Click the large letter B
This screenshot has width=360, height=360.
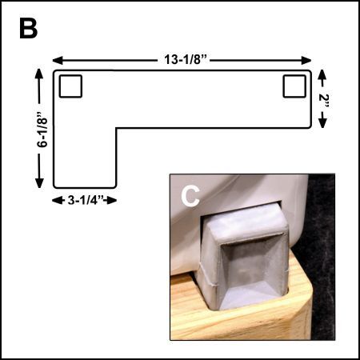(28, 29)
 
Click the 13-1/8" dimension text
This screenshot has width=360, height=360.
(186, 59)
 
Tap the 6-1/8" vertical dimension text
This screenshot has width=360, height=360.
(42, 129)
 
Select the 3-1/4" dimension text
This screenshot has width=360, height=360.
(86, 200)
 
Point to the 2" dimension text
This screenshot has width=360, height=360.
(324, 101)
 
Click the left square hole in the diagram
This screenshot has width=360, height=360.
(70, 86)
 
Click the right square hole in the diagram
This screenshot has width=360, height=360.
(294, 86)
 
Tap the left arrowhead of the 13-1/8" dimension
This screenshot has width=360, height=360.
(58, 61)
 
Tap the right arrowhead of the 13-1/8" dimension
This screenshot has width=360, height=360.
(306, 61)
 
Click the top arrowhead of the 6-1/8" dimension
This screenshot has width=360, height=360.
(39, 74)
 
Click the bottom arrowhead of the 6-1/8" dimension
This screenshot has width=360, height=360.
(39, 183)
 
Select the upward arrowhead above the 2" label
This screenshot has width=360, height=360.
(322, 74)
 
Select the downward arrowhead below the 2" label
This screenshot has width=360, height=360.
(322, 123)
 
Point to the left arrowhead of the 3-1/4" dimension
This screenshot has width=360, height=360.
(57, 200)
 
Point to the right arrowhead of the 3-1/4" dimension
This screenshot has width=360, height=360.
(112, 200)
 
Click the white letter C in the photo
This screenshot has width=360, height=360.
(190, 197)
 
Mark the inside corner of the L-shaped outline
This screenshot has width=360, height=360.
(116, 128)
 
